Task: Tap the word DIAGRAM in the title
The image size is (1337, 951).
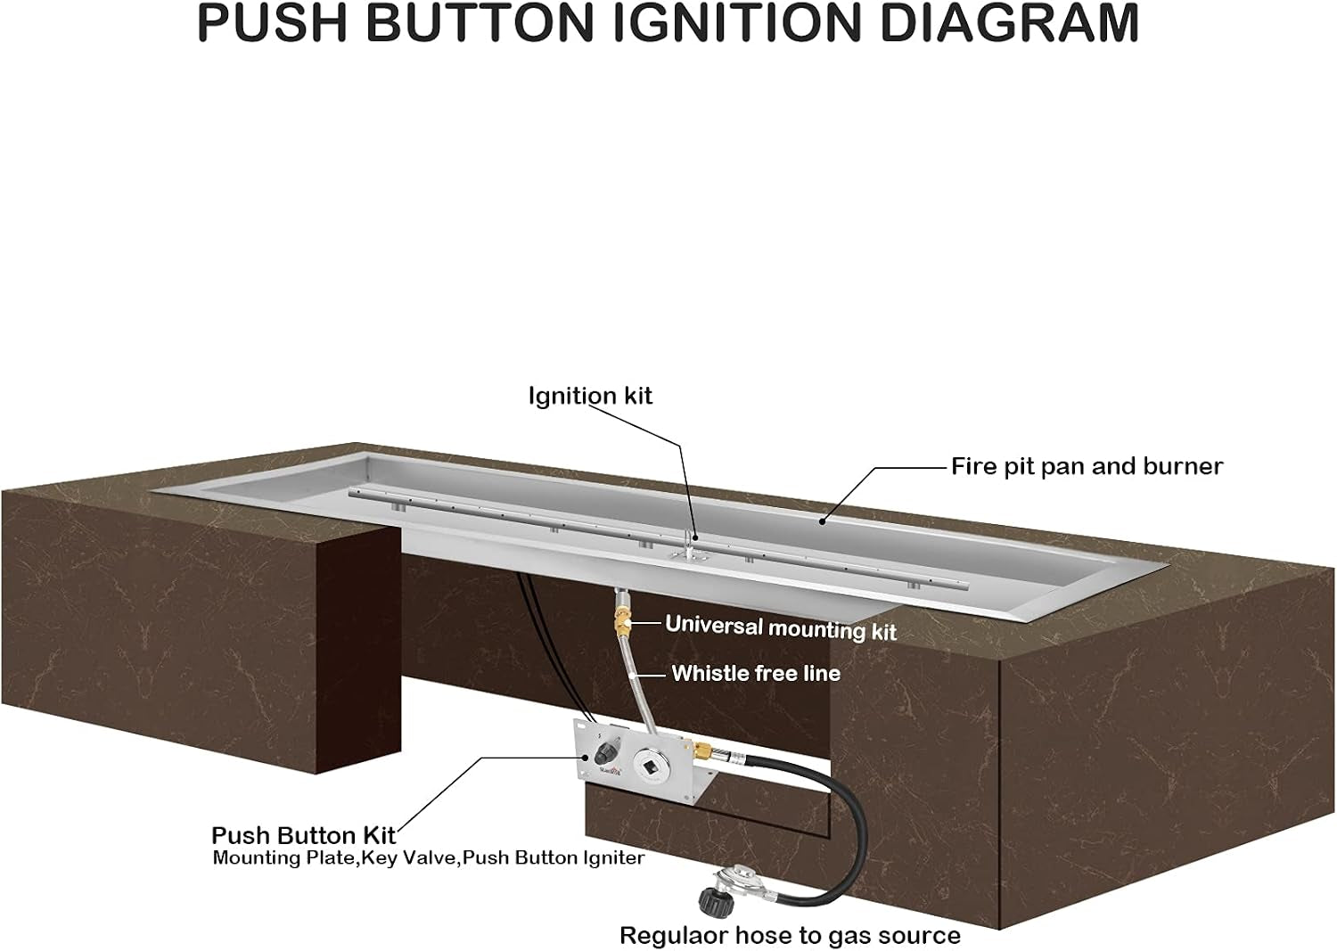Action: pyautogui.click(x=1010, y=24)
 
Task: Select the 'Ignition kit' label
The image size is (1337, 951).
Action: pyautogui.click(x=590, y=397)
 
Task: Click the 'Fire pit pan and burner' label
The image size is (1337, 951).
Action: pyautogui.click(x=1087, y=466)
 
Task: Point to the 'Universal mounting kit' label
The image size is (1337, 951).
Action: pyautogui.click(x=781, y=628)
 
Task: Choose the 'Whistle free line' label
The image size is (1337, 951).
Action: pyautogui.click(x=756, y=674)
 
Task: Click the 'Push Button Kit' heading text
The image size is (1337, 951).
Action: pyautogui.click(x=304, y=835)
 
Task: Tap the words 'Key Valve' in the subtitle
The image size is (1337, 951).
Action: pyautogui.click(x=411, y=858)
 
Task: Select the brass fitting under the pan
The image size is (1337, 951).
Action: pyautogui.click(x=621, y=623)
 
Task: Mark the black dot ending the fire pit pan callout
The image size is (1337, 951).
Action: pyautogui.click(x=822, y=521)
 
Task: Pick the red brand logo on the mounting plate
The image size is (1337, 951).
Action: pyautogui.click(x=611, y=771)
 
